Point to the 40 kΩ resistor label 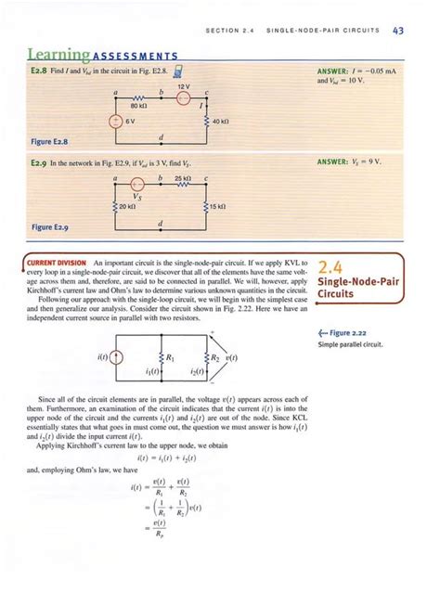pos(221,122)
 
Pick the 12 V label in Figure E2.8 pos(183,86)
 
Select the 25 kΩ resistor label pos(182,175)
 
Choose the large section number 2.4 pos(333,267)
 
